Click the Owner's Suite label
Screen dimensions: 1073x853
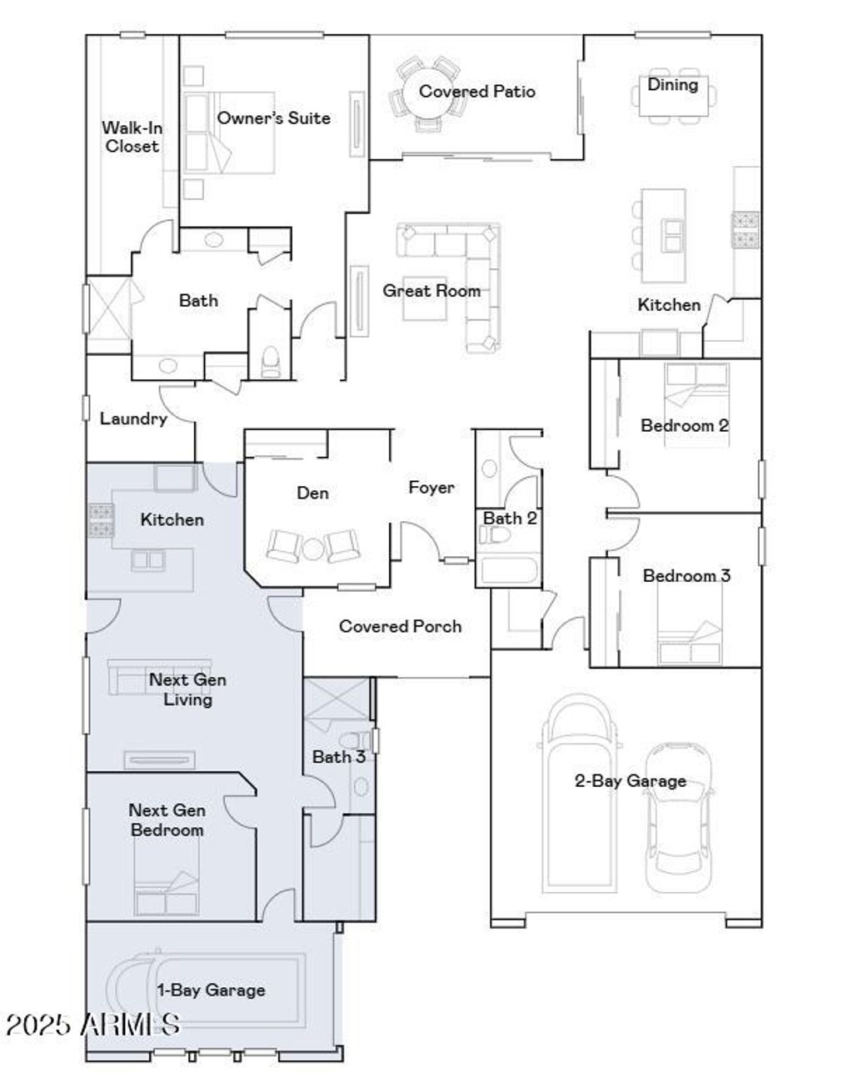click(273, 118)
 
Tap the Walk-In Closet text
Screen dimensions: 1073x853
click(132, 137)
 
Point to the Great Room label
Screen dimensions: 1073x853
click(431, 291)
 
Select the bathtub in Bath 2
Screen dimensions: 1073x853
click(508, 572)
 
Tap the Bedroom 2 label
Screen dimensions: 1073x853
click(685, 425)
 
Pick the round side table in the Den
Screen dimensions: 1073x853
click(313, 549)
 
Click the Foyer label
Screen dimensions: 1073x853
click(431, 488)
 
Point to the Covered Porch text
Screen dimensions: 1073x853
click(400, 626)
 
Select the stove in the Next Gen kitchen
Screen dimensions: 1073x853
click(101, 521)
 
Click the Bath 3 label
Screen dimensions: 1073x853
click(338, 757)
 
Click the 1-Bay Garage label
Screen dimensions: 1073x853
click(212, 990)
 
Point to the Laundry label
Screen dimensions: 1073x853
click(133, 419)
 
